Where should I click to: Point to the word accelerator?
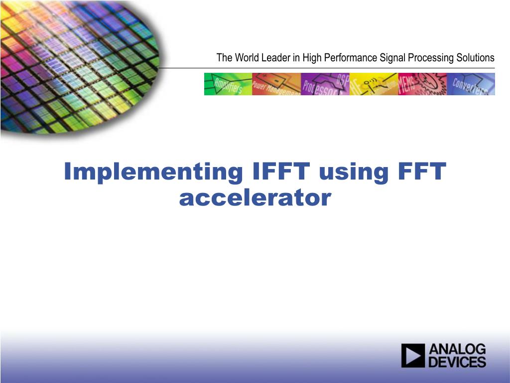pyautogui.click(x=255, y=198)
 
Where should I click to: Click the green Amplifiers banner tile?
pyautogui.click(x=228, y=84)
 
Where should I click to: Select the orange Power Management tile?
pyautogui.click(x=276, y=84)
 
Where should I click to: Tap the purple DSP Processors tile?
pyautogui.click(x=325, y=84)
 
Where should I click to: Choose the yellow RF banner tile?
pyautogui.click(x=374, y=84)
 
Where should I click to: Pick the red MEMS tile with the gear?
pyautogui.click(x=422, y=84)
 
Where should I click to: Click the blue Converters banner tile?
pyautogui.click(x=471, y=84)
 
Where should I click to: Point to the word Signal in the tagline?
pyautogui.click(x=393, y=58)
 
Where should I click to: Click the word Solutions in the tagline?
pyautogui.click(x=475, y=58)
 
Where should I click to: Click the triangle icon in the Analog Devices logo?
pyautogui.click(x=413, y=356)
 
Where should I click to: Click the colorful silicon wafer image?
pyautogui.click(x=75, y=65)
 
